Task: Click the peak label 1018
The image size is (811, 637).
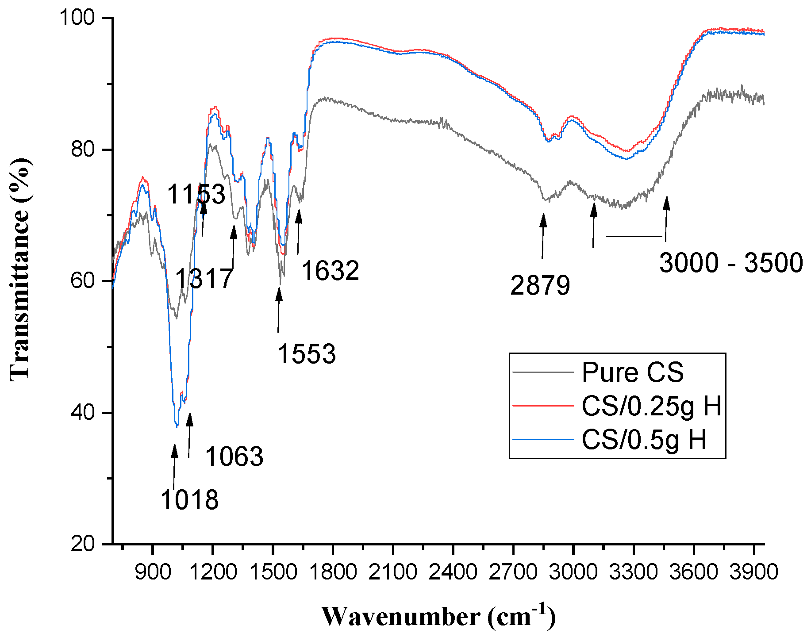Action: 189,500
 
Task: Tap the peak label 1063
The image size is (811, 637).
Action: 234,457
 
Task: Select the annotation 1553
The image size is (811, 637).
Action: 307,354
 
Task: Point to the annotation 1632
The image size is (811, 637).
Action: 330,271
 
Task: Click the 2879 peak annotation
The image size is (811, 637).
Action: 540,285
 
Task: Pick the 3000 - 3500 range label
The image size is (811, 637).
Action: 731,263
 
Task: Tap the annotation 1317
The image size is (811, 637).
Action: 204,279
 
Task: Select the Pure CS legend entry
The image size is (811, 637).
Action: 632,372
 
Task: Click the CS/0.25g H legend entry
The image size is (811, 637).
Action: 651,406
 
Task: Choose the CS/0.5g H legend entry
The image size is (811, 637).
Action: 644,439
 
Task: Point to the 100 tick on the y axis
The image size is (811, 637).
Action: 78,18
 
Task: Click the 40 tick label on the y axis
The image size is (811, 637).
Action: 83,413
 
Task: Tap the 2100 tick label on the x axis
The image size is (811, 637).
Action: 393,572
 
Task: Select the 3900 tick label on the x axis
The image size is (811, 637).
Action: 753,572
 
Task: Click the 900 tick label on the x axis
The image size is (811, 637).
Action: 153,572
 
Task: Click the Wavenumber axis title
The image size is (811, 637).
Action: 438,616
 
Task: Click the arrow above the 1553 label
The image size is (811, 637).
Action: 278,310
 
